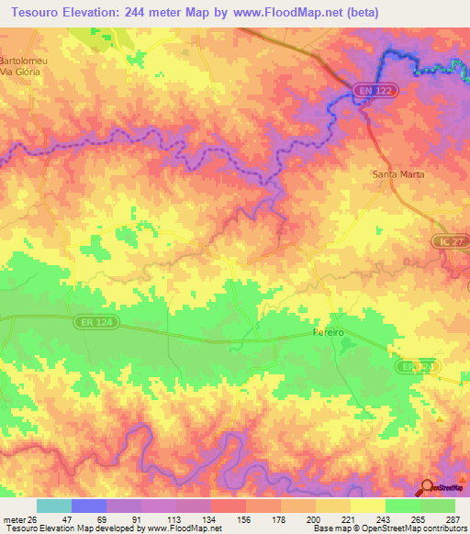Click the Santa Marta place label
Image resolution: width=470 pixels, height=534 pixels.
point(397,174)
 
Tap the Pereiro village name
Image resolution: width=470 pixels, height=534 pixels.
point(328,332)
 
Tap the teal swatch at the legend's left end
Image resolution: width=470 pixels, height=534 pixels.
point(54,506)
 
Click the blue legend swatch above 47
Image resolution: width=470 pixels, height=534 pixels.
point(89,506)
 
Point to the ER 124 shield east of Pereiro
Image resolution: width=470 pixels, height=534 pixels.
point(418,366)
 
